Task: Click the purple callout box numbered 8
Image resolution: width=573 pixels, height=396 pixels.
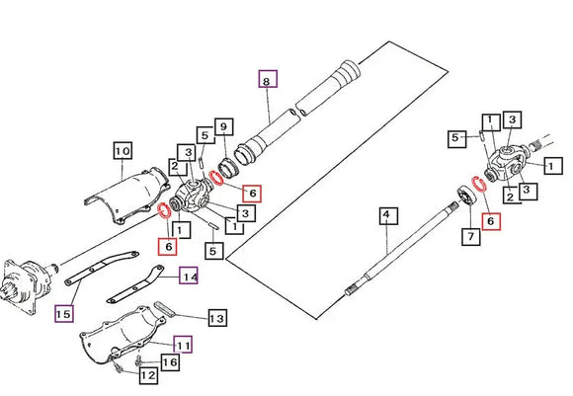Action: [268, 79]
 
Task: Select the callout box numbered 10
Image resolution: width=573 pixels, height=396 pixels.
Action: [123, 150]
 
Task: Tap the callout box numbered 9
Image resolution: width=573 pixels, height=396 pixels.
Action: [223, 126]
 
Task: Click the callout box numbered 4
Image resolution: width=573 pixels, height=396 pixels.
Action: [388, 216]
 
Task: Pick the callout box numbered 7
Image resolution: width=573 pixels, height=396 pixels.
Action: [470, 236]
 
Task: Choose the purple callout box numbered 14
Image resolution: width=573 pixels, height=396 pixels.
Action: [189, 276]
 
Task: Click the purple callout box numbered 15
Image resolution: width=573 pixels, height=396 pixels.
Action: [64, 313]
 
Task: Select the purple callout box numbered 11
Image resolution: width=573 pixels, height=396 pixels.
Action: [183, 344]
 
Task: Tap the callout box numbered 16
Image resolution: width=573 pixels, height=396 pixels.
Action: [170, 362]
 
